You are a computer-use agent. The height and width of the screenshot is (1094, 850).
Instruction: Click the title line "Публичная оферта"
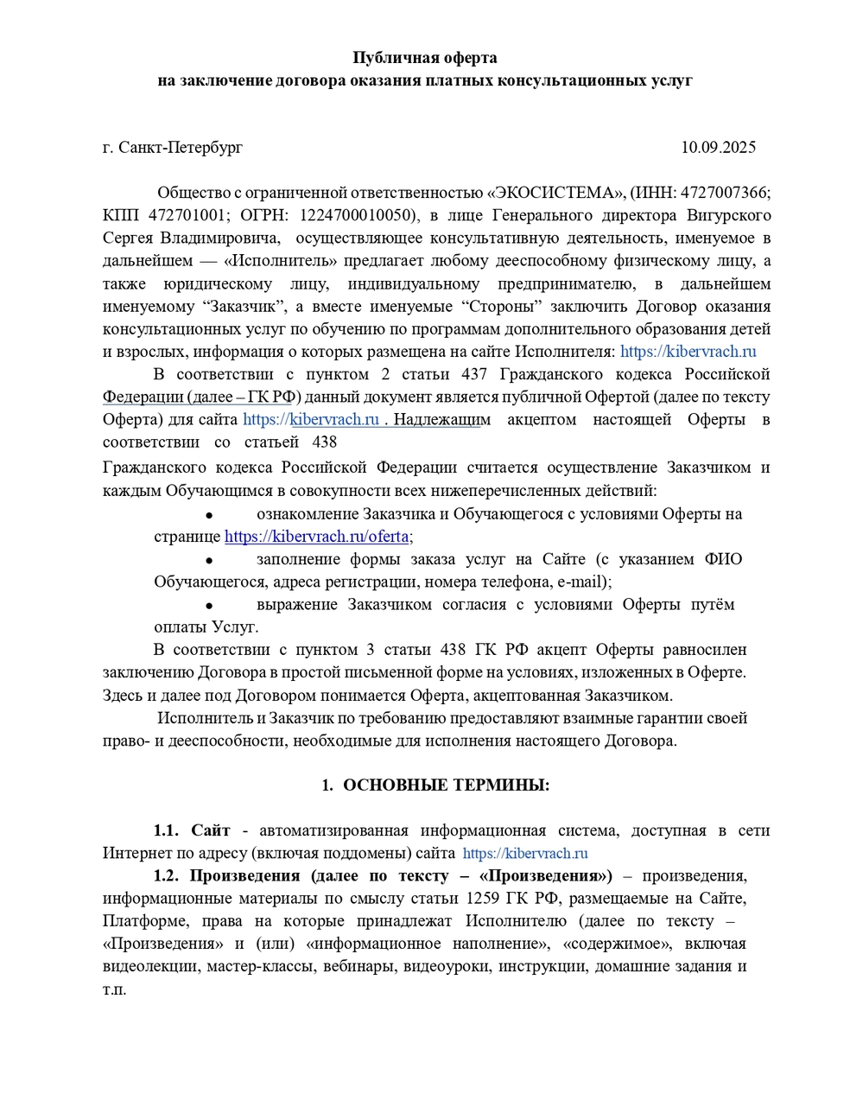point(425,58)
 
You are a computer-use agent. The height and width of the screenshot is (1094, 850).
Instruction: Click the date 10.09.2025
point(718,147)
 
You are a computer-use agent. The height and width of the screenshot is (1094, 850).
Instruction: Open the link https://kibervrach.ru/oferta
point(316,537)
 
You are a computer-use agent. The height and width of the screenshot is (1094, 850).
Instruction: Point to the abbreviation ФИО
point(723,559)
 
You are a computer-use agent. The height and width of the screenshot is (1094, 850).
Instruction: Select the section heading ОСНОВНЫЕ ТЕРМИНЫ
point(446,786)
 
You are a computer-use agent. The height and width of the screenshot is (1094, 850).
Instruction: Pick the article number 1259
point(481,898)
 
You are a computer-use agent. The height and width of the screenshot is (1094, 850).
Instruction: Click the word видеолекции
point(150,966)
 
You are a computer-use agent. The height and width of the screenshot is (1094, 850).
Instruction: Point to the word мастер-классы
point(261,966)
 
